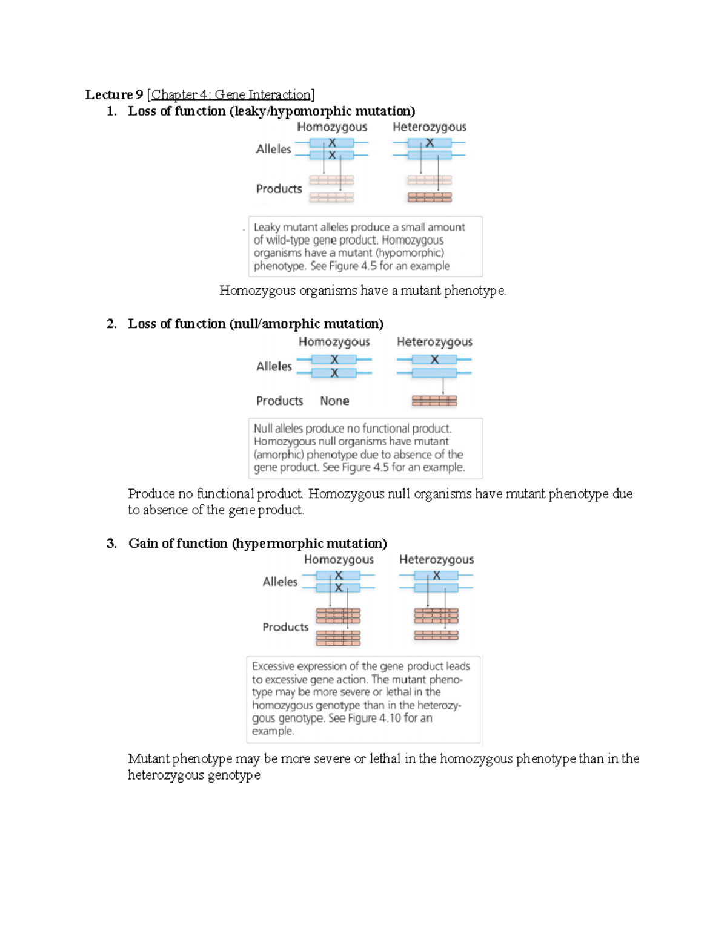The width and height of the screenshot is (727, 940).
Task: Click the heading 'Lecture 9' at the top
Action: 114,94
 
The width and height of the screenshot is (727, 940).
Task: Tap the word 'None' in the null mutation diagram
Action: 334,401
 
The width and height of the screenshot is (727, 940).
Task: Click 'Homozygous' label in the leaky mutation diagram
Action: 332,127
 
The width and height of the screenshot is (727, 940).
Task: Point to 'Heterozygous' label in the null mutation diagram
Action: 434,341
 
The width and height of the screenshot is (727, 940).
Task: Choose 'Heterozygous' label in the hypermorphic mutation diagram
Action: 436,559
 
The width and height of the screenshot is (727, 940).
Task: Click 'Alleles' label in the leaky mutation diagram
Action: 273,149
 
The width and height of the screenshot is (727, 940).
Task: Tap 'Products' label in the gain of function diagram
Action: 285,627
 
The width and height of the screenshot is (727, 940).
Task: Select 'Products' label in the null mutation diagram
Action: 279,401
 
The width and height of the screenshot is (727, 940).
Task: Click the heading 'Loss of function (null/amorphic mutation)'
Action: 256,324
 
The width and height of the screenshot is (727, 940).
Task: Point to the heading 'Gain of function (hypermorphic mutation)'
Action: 257,543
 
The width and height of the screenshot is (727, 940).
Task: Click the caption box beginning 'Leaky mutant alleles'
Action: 365,246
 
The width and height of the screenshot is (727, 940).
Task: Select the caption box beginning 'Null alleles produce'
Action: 365,448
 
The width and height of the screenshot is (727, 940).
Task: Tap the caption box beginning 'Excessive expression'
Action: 363,698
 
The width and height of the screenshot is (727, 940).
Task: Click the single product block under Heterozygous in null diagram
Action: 434,401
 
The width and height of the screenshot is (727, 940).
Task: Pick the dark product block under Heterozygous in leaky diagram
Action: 430,197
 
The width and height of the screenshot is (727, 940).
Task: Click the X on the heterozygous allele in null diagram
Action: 434,360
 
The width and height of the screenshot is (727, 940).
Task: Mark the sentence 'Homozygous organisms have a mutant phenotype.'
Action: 362,291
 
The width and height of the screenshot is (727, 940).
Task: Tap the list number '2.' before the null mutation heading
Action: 111,324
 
